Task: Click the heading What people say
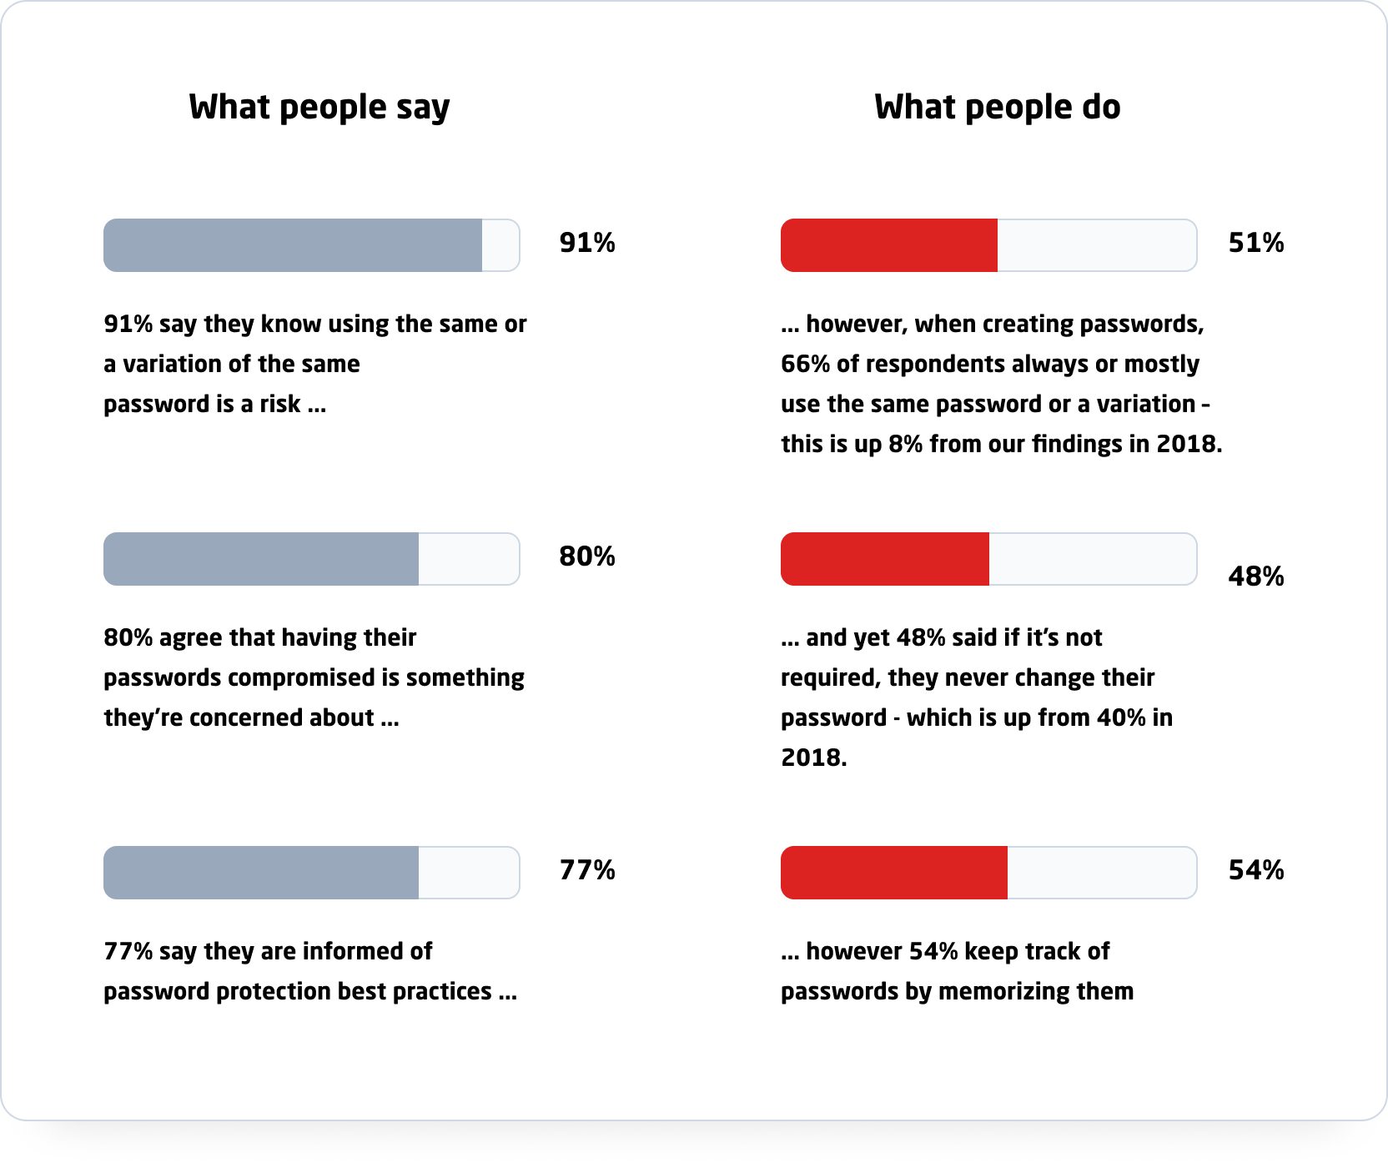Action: [319, 108]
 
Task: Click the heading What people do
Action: [997, 108]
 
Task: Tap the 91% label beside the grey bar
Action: [587, 243]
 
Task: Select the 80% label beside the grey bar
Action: [587, 556]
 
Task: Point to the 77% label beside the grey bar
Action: [587, 870]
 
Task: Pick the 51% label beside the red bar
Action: [1256, 243]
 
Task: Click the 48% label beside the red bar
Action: [1256, 576]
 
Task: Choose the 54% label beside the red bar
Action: [1256, 870]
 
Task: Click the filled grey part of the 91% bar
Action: [293, 245]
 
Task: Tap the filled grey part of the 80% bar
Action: [261, 559]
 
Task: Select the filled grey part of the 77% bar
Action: [261, 873]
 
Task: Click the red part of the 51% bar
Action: [889, 245]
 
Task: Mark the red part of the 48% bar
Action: [885, 559]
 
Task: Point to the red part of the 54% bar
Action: [894, 873]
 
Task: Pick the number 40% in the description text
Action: [1121, 717]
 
